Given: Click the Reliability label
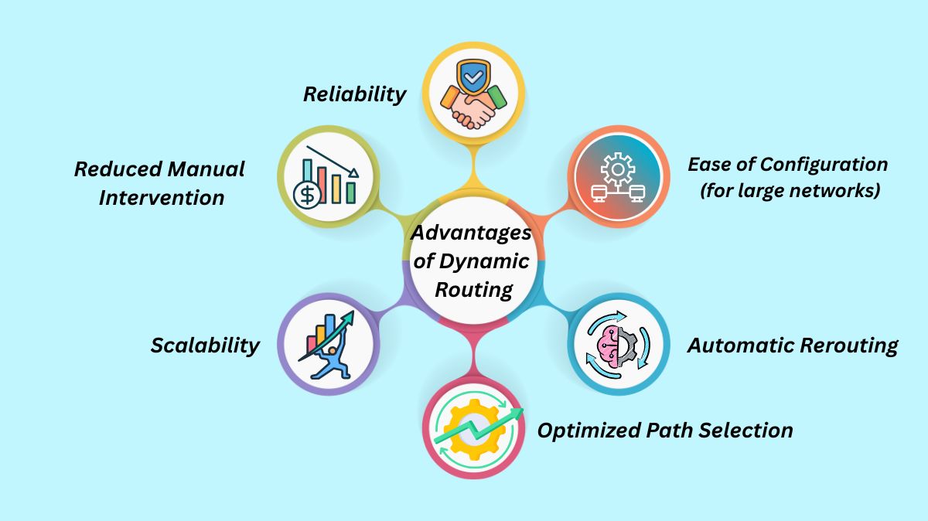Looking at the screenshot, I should [x=354, y=94].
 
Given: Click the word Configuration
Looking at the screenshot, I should [x=825, y=164].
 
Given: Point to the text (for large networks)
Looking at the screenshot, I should [x=790, y=191].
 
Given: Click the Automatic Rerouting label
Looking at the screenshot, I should [x=793, y=345].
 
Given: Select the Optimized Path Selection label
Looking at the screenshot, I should [x=665, y=430].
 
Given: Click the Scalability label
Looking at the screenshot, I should [x=205, y=345].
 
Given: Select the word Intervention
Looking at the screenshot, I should [x=162, y=197].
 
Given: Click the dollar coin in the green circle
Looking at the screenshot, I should [x=307, y=196].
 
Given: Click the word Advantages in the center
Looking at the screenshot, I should [x=472, y=233].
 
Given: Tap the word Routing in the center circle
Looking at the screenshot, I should [x=473, y=290].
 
